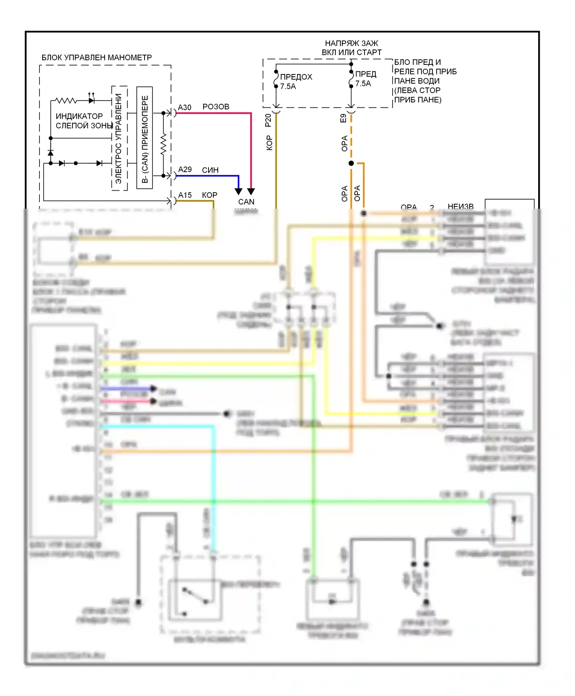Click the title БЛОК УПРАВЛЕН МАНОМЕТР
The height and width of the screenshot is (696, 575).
pyautogui.click(x=97, y=58)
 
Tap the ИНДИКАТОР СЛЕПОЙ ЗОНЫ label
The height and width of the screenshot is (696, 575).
pyautogui.click(x=84, y=121)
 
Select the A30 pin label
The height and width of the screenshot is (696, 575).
pyautogui.click(x=184, y=107)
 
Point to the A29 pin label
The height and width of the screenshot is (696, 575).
pyautogui.click(x=185, y=170)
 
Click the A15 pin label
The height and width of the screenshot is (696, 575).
pyautogui.click(x=185, y=195)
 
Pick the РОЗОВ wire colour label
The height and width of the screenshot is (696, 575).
pyautogui.click(x=216, y=107)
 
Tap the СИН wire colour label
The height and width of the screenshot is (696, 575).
pyautogui.click(x=210, y=170)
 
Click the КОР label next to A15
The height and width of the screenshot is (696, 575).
pyautogui.click(x=210, y=195)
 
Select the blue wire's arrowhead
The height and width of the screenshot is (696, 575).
pyautogui.click(x=238, y=191)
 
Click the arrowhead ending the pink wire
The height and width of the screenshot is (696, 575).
pyautogui.click(x=251, y=191)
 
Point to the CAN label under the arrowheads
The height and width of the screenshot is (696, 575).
pyautogui.click(x=246, y=202)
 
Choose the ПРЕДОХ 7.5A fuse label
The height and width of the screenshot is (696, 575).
pyautogui.click(x=296, y=81)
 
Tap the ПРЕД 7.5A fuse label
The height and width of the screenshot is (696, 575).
pyautogui.click(x=365, y=79)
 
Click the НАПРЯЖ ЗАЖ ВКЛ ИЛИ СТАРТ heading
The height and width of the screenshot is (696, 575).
pyautogui.click(x=352, y=48)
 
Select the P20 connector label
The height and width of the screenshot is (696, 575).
pyautogui.click(x=268, y=120)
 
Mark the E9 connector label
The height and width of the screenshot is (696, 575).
pyautogui.click(x=343, y=118)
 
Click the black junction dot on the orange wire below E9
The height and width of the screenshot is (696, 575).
pyautogui.click(x=351, y=163)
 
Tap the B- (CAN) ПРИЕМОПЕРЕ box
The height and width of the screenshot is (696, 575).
pyautogui.click(x=145, y=138)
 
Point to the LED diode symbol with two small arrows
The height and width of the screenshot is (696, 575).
pyautogui.click(x=91, y=100)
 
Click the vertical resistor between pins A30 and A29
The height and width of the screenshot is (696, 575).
pyautogui.click(x=164, y=144)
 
